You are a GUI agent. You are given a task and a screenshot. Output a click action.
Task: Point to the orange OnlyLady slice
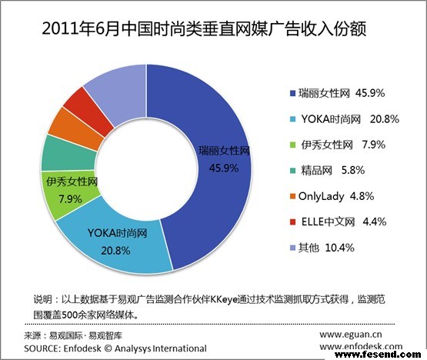tap(65, 122)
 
